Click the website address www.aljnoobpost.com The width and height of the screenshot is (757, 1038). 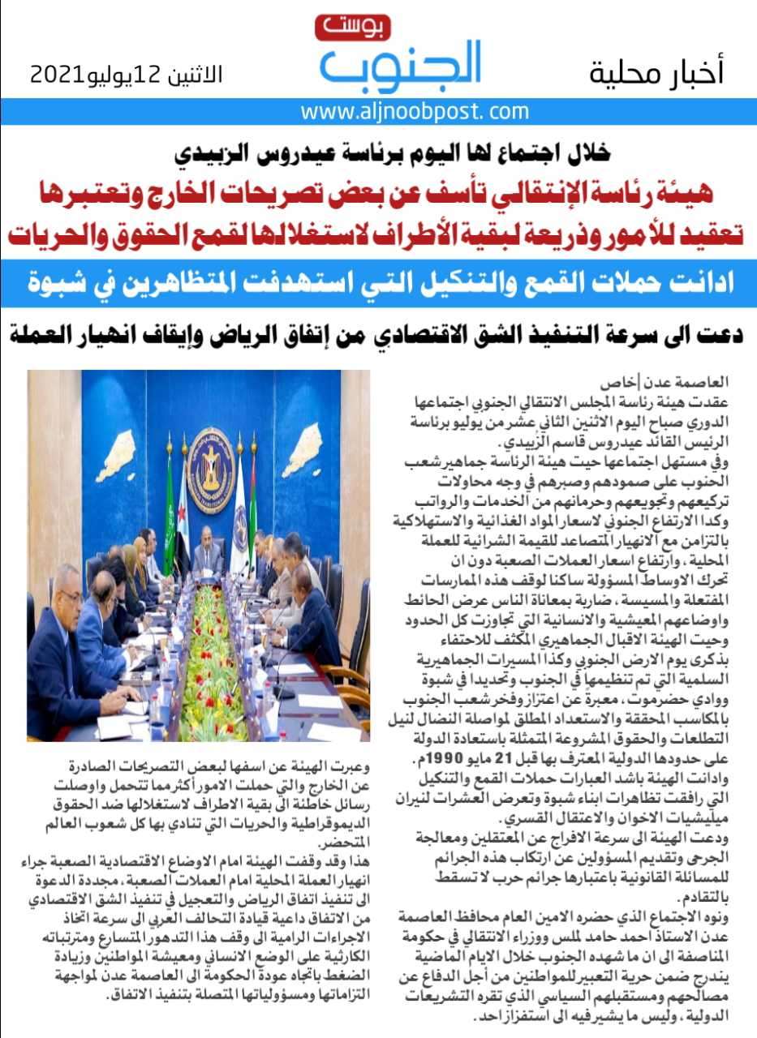point(414,111)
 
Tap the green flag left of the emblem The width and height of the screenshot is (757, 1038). point(170,507)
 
